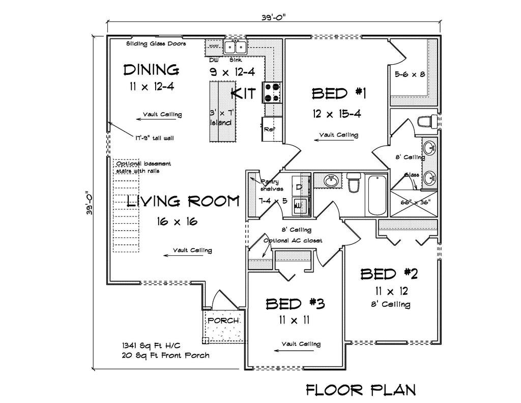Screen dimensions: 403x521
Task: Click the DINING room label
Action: click(x=151, y=69)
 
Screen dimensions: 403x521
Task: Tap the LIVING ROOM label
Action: click(x=183, y=202)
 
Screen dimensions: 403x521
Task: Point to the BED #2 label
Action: click(x=389, y=274)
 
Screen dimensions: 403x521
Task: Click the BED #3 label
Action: click(x=295, y=304)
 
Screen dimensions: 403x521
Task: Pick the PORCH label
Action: click(x=223, y=321)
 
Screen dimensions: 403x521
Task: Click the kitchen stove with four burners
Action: click(x=272, y=92)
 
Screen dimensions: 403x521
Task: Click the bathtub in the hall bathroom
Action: click(x=377, y=195)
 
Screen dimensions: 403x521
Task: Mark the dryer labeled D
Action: click(x=299, y=186)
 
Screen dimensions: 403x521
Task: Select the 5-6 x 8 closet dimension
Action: click(x=410, y=74)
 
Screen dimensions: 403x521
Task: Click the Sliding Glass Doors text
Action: click(x=156, y=44)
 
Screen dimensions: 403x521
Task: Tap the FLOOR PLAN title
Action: click(x=361, y=390)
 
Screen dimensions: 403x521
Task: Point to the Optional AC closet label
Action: click(x=293, y=240)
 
